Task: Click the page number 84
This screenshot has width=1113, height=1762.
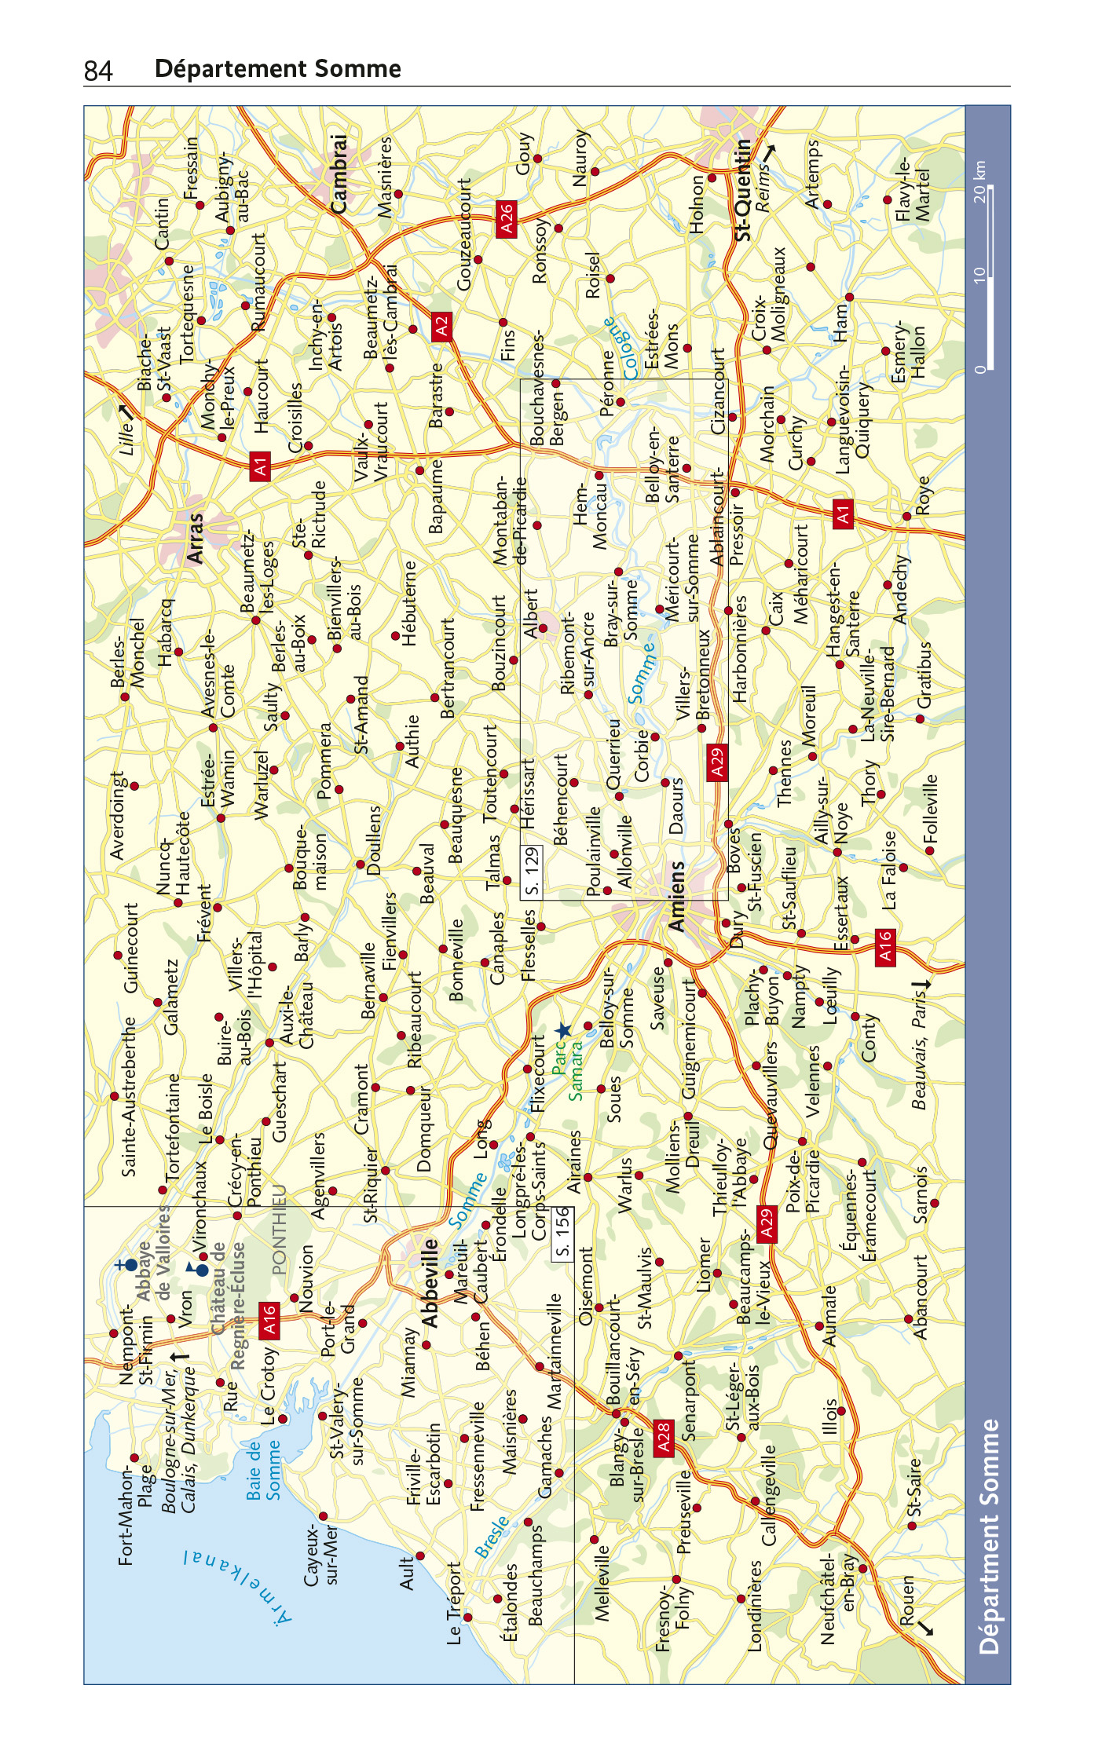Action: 98,71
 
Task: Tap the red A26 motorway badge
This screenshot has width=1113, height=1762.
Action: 507,218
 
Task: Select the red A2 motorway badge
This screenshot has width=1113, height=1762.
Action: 441,325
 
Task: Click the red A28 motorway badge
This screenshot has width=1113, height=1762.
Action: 664,1438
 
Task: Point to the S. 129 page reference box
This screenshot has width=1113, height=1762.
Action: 532,871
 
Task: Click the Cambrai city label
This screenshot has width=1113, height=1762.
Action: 339,174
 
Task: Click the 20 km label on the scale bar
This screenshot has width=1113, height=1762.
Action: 979,181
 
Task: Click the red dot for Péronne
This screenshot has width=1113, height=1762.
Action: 620,402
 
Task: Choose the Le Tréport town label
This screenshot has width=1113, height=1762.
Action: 455,1603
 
